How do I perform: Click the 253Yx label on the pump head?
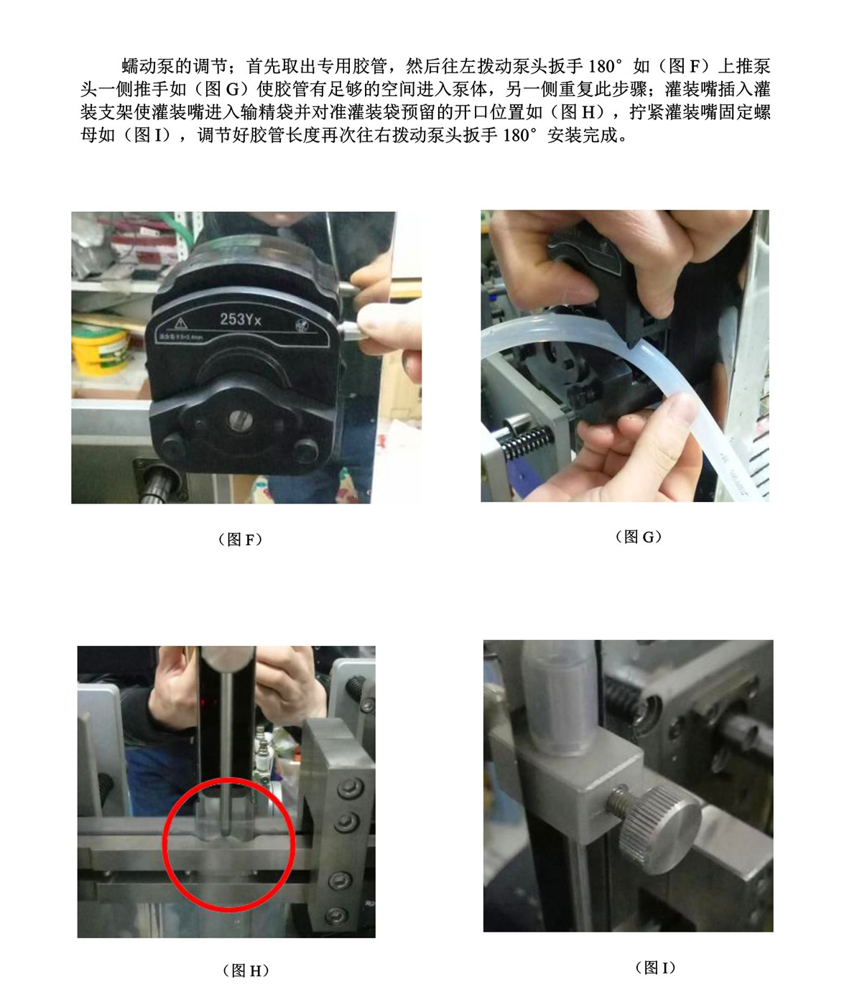click(x=241, y=319)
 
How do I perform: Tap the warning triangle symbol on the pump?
click(x=180, y=323)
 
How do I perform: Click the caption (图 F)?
click(x=241, y=540)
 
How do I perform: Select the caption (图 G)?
click(x=638, y=537)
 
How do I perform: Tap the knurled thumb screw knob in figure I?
click(x=660, y=830)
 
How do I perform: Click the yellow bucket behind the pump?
click(x=99, y=349)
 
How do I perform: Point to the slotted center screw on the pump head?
click(x=240, y=419)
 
